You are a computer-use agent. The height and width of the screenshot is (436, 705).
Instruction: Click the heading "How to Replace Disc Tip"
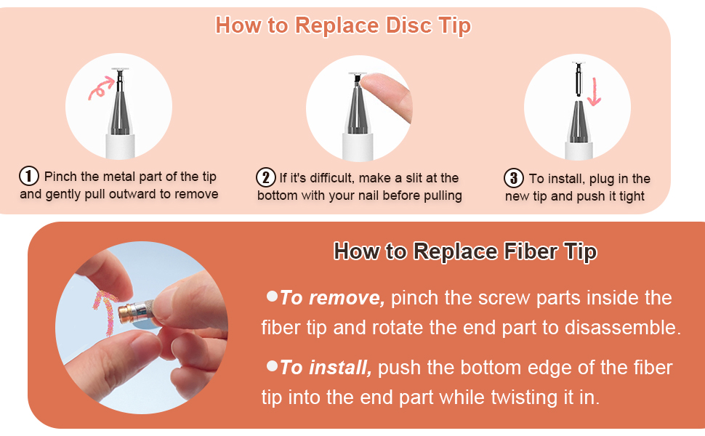click(343, 25)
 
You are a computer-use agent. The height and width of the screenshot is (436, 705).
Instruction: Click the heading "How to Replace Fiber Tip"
click(465, 252)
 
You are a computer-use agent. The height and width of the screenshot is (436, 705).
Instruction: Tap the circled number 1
click(29, 176)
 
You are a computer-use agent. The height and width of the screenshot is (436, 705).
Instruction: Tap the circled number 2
click(266, 177)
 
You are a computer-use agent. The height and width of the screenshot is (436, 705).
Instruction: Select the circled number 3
click(513, 178)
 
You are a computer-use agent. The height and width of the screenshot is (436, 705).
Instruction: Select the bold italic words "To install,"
click(326, 368)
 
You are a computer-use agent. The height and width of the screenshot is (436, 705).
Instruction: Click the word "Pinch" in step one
click(60, 177)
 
